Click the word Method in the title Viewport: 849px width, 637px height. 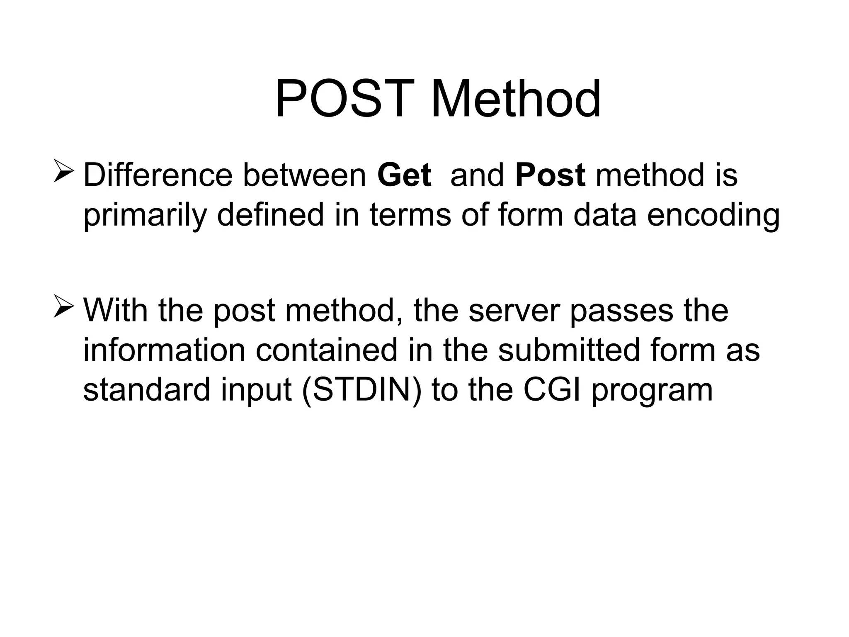516,100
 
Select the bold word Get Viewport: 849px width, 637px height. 404,175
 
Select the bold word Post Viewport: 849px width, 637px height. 550,175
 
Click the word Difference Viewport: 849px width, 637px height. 158,175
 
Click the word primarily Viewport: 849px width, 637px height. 144,216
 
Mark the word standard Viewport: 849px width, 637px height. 147,390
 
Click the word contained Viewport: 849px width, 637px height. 327,350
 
